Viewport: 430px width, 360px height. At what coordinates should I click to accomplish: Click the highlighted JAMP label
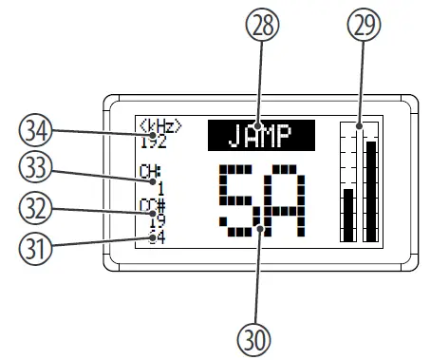pyautogui.click(x=261, y=136)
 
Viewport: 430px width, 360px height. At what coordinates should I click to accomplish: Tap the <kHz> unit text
pyautogui.click(x=159, y=127)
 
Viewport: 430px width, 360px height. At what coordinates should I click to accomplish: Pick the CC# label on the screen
pyautogui.click(x=148, y=203)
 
